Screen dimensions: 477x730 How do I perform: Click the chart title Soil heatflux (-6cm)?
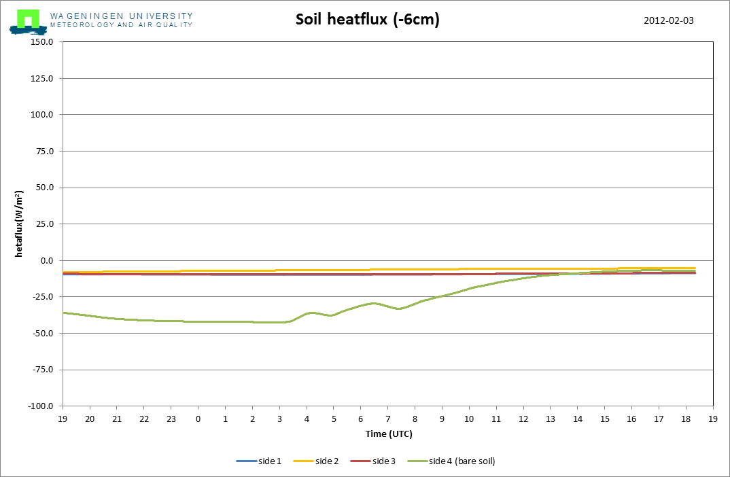367,20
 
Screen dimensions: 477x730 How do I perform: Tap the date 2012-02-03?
668,20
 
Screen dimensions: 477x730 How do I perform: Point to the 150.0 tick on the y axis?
41,42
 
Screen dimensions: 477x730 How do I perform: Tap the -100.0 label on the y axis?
40,406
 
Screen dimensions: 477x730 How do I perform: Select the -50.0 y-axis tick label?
41,333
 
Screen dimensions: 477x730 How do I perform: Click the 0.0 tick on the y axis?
46,260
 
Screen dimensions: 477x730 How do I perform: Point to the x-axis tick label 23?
171,419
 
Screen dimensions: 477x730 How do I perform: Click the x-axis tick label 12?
523,419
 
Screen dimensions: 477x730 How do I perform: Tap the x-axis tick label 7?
387,419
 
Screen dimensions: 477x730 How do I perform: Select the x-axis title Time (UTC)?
387,434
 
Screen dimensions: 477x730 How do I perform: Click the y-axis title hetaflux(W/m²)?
20,224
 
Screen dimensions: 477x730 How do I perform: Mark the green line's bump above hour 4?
311,313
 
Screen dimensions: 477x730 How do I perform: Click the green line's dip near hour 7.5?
400,308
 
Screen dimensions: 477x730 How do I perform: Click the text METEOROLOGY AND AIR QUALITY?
121,25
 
